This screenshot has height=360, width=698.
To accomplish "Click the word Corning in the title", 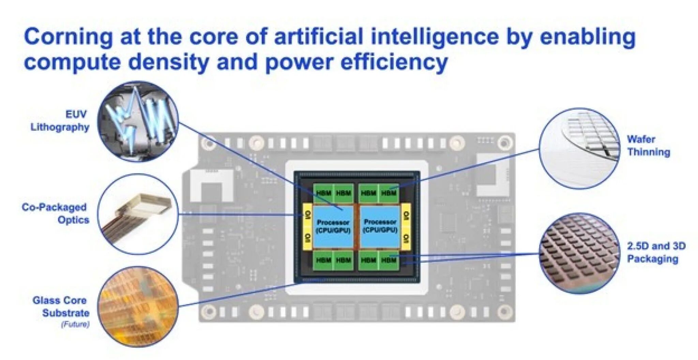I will click(68, 37).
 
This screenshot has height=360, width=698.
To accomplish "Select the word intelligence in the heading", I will click(435, 37).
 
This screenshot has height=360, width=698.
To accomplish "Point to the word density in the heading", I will click(169, 62).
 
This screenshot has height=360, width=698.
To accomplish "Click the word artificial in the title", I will click(319, 37).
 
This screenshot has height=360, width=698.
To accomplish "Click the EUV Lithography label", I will click(60, 121).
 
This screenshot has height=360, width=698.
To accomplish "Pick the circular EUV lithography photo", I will click(138, 121).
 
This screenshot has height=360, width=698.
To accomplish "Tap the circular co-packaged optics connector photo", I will click(138, 214).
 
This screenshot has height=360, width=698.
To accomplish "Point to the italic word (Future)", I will click(75, 324).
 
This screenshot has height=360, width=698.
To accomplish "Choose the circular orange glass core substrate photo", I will click(138, 307).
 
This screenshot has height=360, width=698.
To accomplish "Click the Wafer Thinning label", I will click(649, 145).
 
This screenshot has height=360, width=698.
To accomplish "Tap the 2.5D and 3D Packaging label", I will click(656, 252).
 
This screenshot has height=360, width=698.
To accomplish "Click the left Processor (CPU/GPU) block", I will click(333, 226).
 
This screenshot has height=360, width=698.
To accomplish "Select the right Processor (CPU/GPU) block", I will click(380, 226).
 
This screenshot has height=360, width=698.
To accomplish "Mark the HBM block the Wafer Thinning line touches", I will click(389, 193).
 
